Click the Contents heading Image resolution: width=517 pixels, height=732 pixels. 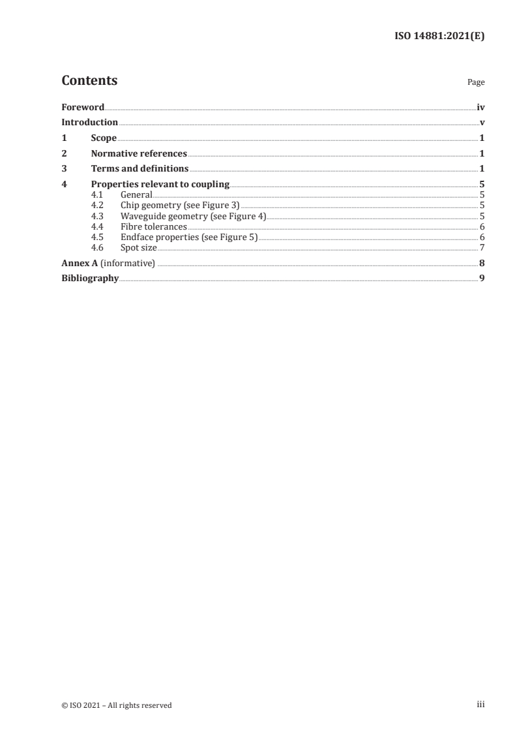tap(89, 81)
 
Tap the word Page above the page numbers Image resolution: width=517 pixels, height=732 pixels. tap(476, 83)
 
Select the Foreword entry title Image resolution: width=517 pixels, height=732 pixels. tap(83, 107)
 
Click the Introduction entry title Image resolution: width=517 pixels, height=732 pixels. tap(89, 123)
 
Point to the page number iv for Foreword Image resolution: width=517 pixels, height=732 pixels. tap(480, 107)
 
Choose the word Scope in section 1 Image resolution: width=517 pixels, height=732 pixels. tap(104, 138)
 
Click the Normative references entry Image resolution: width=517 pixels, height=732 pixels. tap(139, 154)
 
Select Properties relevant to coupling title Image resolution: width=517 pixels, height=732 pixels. tap(160, 185)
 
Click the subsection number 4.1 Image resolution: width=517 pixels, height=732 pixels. tap(97, 194)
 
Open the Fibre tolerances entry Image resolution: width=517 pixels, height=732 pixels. tap(154, 226)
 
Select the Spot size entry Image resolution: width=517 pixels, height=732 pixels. tap(138, 247)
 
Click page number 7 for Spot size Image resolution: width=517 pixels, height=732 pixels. tap(482, 247)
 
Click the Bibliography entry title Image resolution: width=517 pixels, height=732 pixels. tap(90, 279)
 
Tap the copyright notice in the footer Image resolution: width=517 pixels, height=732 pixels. tap(117, 705)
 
